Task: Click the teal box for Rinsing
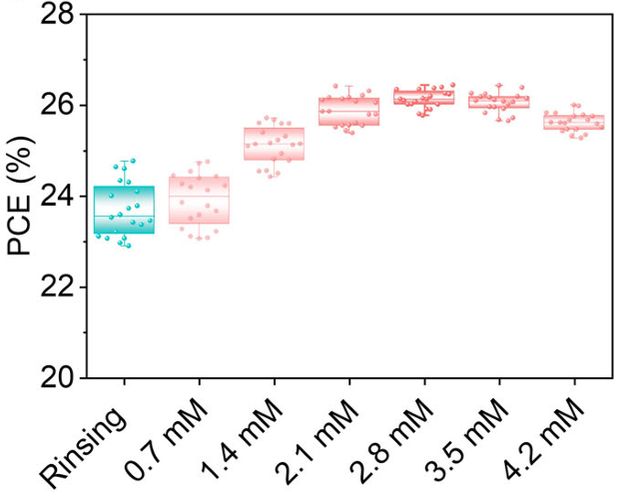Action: coord(124,210)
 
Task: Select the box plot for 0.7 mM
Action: coord(199,200)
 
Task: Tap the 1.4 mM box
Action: coord(274,144)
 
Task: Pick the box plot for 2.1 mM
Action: coord(348,111)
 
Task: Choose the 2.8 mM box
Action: coord(423,97)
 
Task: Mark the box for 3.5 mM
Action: coord(498,101)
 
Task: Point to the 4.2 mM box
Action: coord(573,123)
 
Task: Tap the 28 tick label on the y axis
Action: coord(58,15)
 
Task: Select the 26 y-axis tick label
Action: coord(58,106)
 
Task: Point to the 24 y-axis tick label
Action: coord(58,197)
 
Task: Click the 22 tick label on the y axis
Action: coord(58,287)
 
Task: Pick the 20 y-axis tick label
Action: coord(58,378)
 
